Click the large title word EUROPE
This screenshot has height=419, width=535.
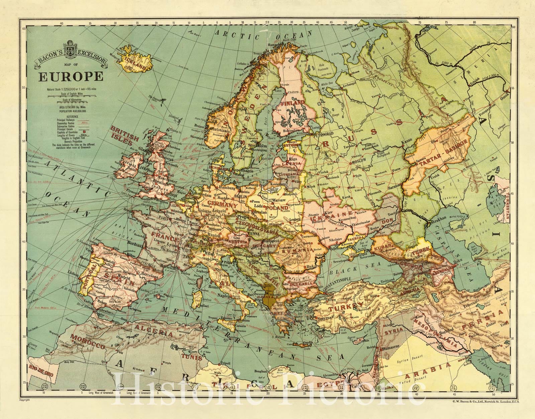tap(71, 76)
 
